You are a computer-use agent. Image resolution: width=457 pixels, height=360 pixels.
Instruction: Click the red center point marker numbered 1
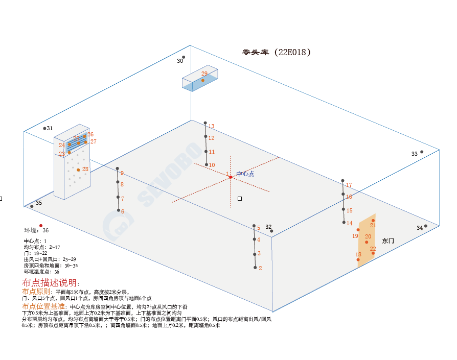tap(231, 177)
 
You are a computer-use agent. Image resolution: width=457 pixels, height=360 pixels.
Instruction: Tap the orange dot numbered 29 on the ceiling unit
tap(203, 80)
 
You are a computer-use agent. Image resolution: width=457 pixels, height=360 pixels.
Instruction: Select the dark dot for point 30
tap(184, 57)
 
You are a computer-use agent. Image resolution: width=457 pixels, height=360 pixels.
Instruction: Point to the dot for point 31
tap(44, 128)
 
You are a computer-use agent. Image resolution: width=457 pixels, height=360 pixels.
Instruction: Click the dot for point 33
tap(422, 152)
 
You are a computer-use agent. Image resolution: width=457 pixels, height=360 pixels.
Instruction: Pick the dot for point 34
tap(425, 226)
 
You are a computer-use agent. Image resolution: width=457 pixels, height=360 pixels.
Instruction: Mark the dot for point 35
tap(32, 206)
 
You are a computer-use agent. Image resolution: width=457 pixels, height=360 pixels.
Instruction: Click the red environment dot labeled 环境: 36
tap(41, 225)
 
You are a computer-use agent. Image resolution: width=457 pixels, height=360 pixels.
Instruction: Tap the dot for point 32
tap(271, 231)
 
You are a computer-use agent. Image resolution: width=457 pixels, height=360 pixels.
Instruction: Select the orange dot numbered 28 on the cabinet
tap(78, 170)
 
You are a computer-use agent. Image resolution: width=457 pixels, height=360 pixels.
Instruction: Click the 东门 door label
tap(388, 241)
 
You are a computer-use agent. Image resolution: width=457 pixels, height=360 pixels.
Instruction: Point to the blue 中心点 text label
tap(245, 174)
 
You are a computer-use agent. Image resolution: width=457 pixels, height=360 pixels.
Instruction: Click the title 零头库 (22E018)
tap(276, 52)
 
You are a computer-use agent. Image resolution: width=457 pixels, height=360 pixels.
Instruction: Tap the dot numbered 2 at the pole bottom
tap(255, 267)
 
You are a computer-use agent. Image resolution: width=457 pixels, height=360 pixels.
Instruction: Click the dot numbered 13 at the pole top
tap(205, 123)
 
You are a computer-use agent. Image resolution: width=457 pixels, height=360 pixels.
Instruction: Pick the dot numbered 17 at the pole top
tap(342, 181)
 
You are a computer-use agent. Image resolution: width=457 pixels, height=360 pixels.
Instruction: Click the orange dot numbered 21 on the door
tap(373, 221)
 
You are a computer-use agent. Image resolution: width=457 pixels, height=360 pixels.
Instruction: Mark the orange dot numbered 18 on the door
tap(358, 259)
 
